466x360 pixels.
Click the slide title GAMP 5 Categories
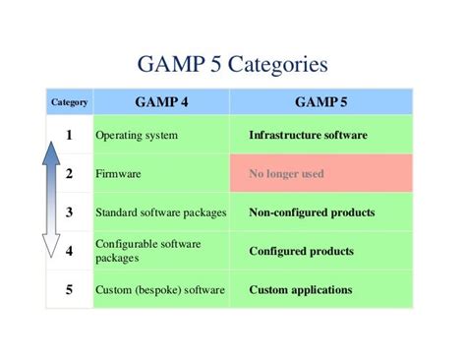click(233, 66)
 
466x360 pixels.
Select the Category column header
click(68, 101)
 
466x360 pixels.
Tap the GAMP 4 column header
click(160, 101)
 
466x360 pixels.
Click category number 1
click(69, 134)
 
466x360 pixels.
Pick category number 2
click(69, 173)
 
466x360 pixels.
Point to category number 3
click(69, 211)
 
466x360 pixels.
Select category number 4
click(69, 251)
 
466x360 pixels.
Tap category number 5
click(69, 289)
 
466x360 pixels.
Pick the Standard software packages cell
click(160, 212)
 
